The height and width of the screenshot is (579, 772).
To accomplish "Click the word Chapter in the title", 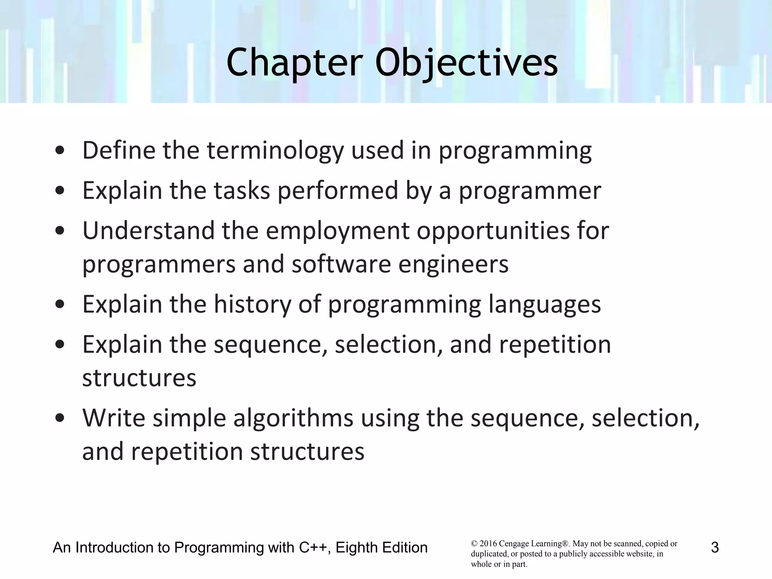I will (x=294, y=63).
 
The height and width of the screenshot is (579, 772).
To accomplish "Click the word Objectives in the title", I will (x=466, y=63).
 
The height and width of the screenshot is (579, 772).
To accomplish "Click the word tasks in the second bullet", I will (x=242, y=190).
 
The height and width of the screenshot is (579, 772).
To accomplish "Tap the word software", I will (x=341, y=264).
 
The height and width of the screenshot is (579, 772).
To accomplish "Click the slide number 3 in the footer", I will (x=715, y=548).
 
